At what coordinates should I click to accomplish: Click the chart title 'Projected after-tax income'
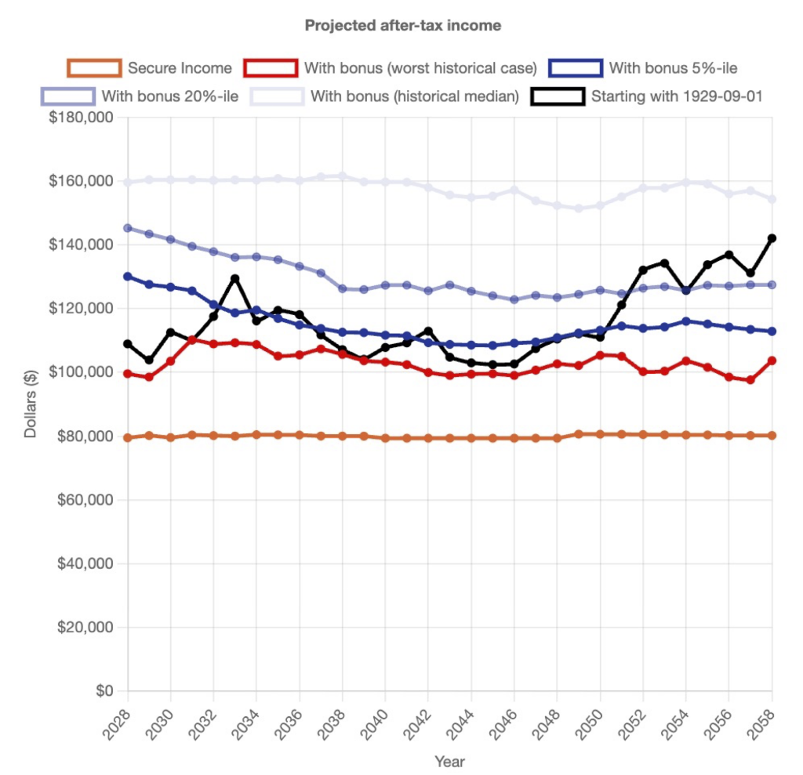coord(402,26)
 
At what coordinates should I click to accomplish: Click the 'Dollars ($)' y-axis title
coord(31,404)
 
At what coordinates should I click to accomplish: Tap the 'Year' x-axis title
coord(449,761)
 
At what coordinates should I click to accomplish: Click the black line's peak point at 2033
coord(235,278)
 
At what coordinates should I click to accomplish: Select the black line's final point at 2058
coord(772,238)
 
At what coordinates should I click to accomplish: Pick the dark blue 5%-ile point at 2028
coord(128,277)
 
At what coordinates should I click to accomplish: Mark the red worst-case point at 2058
coord(772,360)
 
